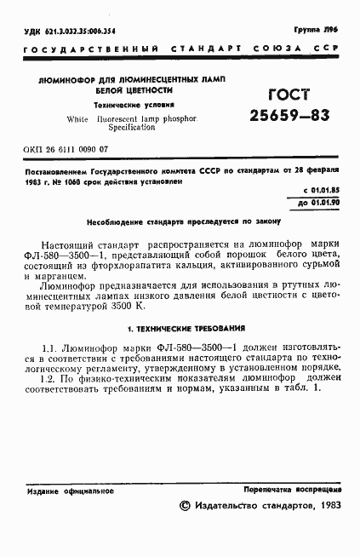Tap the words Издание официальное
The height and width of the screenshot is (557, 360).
click(x=63, y=491)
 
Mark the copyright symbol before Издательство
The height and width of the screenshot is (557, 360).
click(x=186, y=506)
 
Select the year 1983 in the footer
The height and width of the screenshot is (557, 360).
click(x=325, y=506)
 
